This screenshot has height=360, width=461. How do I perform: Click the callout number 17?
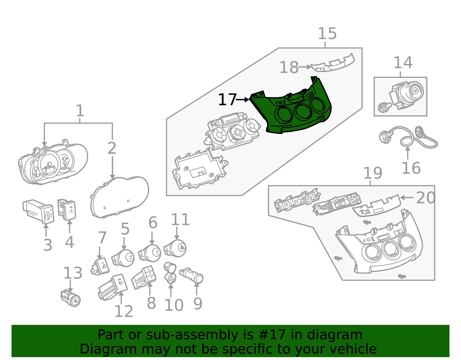(227, 99)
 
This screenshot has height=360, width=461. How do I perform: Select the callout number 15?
(327, 34)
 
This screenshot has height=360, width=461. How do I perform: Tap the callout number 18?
(289, 67)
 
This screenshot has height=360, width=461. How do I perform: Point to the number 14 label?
(403, 63)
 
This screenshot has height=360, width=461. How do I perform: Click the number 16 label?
(411, 168)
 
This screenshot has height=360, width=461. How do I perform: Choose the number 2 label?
(112, 148)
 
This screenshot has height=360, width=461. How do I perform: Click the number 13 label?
(73, 273)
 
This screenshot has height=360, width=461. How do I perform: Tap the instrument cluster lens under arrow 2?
(120, 197)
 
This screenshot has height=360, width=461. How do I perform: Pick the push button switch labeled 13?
(71, 298)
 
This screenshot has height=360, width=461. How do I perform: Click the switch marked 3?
(38, 211)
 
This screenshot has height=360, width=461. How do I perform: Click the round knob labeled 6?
(150, 253)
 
